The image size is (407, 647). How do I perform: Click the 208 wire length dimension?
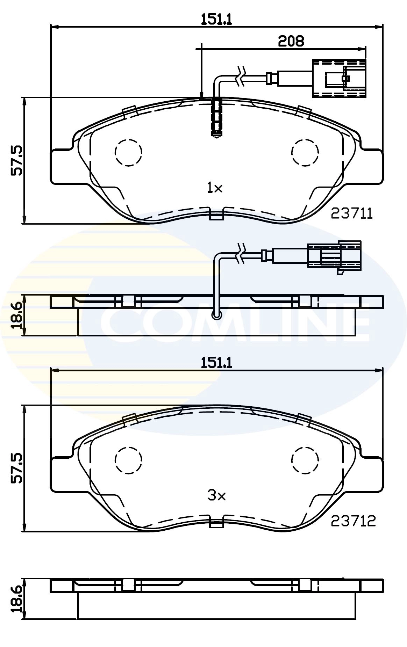click(291, 41)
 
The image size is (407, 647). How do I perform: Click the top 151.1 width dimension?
click(216, 19)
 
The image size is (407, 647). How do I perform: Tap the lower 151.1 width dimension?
click(216, 363)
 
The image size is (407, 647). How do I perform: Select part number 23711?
click(352, 213)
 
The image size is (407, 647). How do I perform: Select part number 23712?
click(353, 521)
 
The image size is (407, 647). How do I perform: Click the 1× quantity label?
click(215, 189)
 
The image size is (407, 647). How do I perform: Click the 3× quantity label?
click(217, 495)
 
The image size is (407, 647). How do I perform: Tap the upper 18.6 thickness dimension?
click(16, 315)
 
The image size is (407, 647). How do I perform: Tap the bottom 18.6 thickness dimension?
click(16, 599)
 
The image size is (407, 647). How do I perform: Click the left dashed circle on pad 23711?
click(128, 152)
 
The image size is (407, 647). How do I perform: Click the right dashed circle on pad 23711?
click(305, 152)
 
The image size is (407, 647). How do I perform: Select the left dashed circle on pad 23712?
click(128, 460)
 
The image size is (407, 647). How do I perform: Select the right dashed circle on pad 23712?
click(305, 460)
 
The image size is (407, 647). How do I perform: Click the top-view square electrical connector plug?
click(339, 78)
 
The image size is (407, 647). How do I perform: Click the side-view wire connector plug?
click(334, 255)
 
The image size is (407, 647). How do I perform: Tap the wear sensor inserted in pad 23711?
click(217, 117)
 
